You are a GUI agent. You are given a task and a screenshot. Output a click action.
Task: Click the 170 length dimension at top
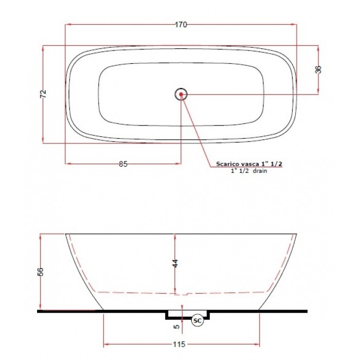click(x=181, y=24)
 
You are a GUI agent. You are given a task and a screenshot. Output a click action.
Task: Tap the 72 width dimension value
click(x=44, y=94)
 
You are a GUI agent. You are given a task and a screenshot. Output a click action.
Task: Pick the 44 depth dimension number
click(x=175, y=262)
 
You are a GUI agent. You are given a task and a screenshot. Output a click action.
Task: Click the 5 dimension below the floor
click(x=175, y=325)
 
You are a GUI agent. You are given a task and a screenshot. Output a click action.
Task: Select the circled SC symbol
click(x=198, y=321)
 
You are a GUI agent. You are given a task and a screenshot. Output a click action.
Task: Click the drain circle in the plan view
click(x=181, y=94)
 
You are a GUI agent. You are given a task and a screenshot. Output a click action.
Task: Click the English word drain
click(x=260, y=171)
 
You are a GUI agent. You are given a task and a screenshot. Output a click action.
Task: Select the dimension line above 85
click(x=93, y=164)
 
